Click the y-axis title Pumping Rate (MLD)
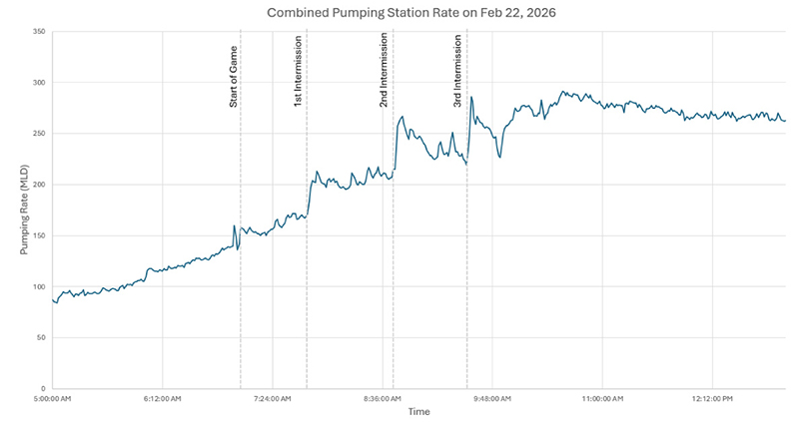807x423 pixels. [24, 210]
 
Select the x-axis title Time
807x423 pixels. [418, 411]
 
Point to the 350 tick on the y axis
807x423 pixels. [39, 31]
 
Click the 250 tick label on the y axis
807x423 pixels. [39, 134]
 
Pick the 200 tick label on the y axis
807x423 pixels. [39, 185]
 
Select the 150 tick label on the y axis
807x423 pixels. [39, 235]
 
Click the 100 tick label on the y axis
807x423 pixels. [39, 287]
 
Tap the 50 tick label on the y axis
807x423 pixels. [41, 338]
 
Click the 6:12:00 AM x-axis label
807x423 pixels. [162, 398]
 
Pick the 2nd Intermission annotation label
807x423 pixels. [385, 73]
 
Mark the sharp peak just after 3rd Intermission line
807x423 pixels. [471, 97]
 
